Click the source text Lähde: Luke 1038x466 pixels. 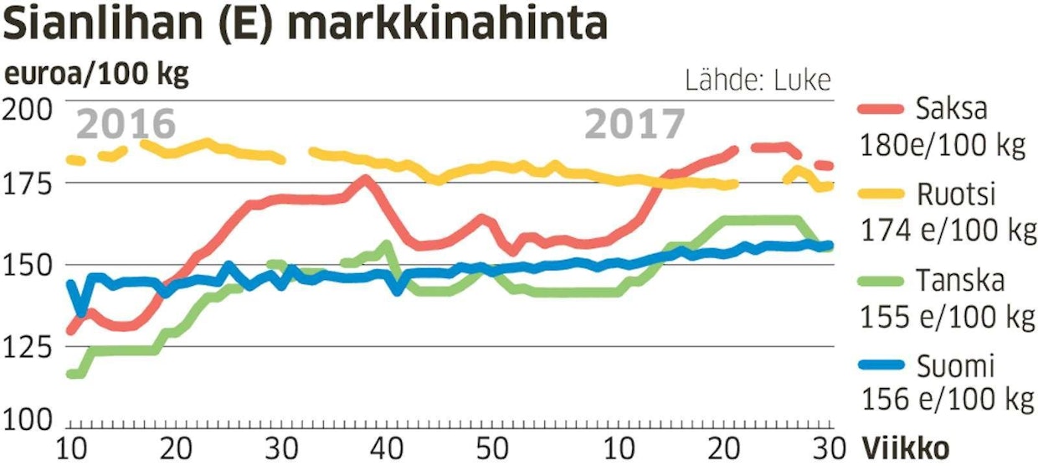click(758, 80)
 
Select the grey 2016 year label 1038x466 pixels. click(126, 124)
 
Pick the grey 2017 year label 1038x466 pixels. click(634, 124)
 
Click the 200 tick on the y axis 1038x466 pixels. click(28, 107)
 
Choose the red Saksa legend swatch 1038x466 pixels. click(881, 109)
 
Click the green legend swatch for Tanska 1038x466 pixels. click(881, 280)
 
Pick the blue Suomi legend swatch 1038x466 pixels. click(881, 365)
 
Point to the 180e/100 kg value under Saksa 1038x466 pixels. click(942, 146)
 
